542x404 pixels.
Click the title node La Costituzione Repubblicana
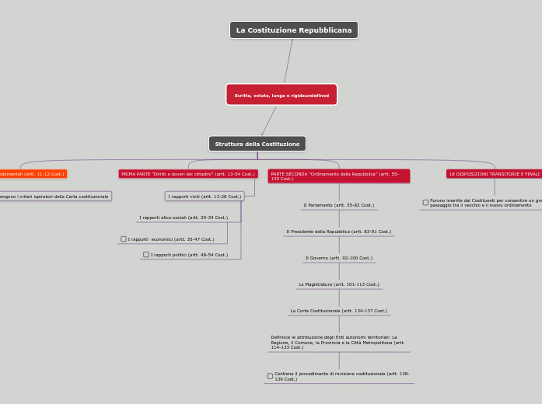294,30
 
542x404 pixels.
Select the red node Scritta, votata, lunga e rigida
281,95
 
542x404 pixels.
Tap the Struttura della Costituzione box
257,144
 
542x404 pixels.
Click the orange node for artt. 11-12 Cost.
32,174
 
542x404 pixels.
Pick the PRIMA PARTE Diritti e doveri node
188,174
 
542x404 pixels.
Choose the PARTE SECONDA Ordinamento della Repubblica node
338,176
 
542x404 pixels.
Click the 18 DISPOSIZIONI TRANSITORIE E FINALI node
494,174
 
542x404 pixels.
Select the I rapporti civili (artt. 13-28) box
205,197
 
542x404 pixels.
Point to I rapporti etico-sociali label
184,218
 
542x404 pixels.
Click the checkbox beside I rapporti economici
124,239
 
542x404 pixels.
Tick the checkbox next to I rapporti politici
146,255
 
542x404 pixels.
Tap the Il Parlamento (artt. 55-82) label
338,205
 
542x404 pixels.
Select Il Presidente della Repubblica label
338,232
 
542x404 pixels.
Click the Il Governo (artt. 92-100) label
338,258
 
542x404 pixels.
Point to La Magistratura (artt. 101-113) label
338,284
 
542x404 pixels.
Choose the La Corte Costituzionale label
338,311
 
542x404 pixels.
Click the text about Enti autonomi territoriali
338,343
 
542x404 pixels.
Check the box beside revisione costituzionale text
270,376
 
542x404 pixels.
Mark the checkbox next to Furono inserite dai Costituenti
425,202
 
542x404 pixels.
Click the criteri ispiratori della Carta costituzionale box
54,197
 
